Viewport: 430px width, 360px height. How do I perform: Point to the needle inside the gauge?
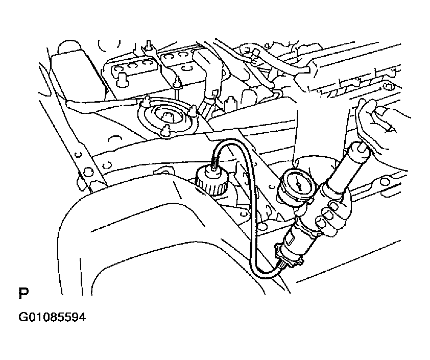299,183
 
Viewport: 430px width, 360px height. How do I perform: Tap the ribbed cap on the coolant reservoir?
210,182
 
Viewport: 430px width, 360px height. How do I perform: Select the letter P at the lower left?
23,294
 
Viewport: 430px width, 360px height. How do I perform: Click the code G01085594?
52,317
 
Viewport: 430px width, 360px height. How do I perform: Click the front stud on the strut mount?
165,130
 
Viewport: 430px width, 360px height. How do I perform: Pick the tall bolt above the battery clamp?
149,45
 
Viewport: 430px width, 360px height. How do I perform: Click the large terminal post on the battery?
121,78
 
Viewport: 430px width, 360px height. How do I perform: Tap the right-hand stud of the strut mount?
194,110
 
